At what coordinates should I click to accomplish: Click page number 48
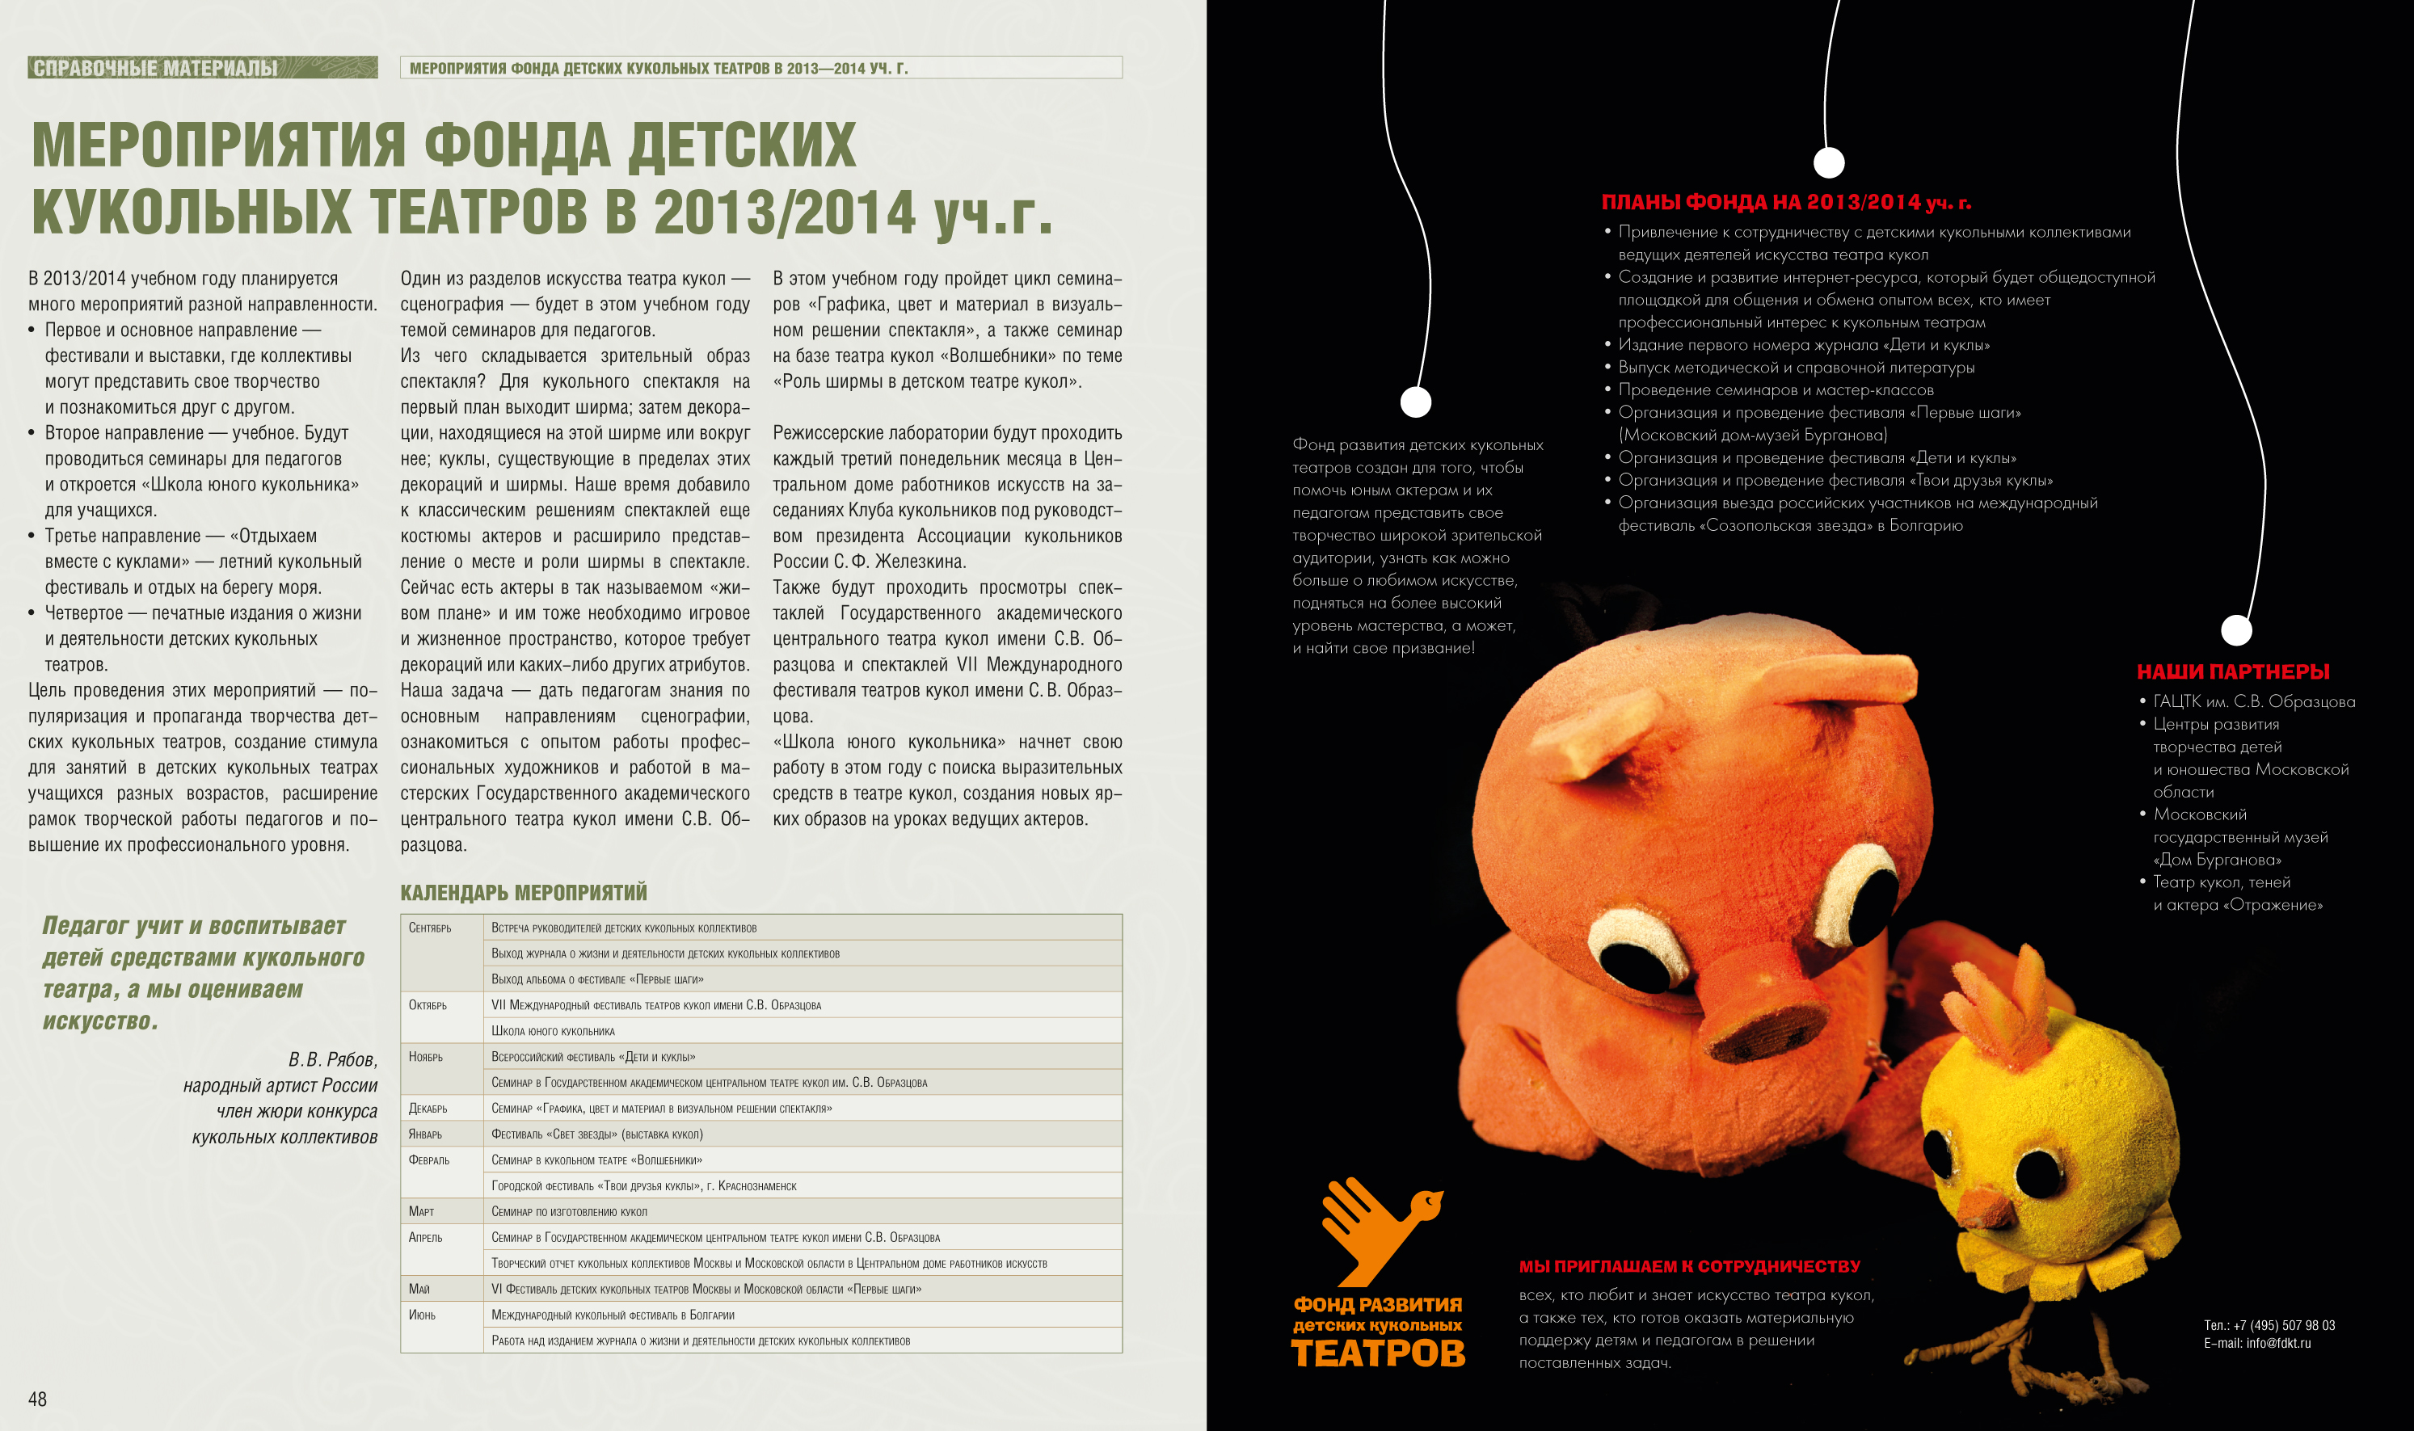(38, 1398)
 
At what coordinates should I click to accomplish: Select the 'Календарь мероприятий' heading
(524, 892)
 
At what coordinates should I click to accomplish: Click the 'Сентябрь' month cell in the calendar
(430, 928)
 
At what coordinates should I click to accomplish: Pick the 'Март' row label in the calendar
(422, 1211)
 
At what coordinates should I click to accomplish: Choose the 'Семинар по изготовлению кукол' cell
(569, 1211)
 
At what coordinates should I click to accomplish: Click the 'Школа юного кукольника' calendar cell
(553, 1031)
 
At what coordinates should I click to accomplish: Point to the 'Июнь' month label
(423, 1315)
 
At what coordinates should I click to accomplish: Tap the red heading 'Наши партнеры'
(2233, 672)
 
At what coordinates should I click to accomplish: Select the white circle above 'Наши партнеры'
(2236, 629)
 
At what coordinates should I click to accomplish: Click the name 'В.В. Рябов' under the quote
(333, 1059)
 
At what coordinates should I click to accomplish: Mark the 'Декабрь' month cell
(428, 1108)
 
